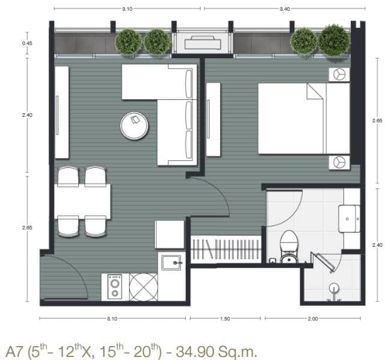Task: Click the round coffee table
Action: point(134,126)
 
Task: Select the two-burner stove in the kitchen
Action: point(115,287)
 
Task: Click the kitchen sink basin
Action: point(171,262)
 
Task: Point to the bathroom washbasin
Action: point(349,219)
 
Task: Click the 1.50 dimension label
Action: point(225,318)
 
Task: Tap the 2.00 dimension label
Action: point(313,318)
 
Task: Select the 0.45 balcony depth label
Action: point(27,43)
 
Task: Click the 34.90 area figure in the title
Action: point(194,352)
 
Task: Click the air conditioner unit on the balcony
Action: point(203,43)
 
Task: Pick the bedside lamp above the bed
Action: point(339,74)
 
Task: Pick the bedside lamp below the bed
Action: point(339,163)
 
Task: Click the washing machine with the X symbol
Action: point(144,287)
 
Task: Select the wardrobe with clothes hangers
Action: point(226,249)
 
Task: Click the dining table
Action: point(82,202)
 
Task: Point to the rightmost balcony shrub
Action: point(334,41)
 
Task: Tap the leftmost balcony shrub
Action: point(128,43)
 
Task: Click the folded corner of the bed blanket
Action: point(314,92)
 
